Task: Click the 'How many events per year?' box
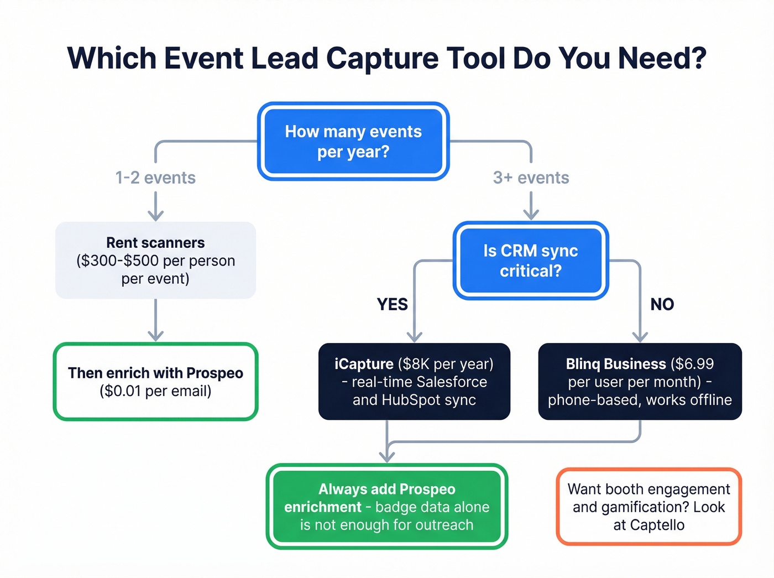click(x=353, y=142)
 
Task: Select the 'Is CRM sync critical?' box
click(x=530, y=261)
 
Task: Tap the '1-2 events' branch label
click(x=155, y=178)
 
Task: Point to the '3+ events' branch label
click(x=531, y=178)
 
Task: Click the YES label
click(x=392, y=304)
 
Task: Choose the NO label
click(x=662, y=304)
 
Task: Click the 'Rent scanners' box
click(x=155, y=261)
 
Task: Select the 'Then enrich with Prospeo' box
click(x=155, y=382)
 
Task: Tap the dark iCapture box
click(x=414, y=382)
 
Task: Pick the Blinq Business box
click(x=640, y=382)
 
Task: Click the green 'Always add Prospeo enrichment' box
click(x=386, y=507)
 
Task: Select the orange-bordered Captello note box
click(x=649, y=507)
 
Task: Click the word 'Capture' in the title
click(x=382, y=58)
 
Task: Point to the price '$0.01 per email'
click(x=155, y=391)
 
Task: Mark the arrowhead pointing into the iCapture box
click(x=415, y=336)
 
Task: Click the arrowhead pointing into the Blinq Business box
click(x=640, y=336)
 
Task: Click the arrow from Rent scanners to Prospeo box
click(x=155, y=321)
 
